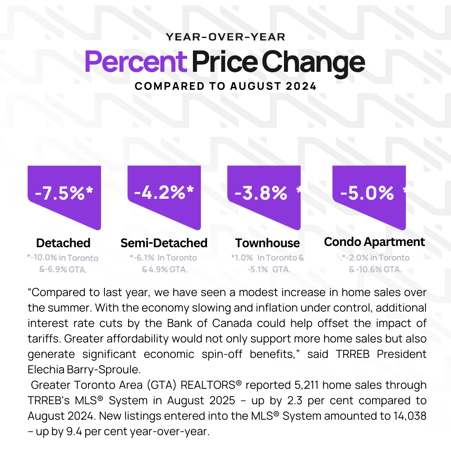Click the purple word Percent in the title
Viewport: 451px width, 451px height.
[136, 62]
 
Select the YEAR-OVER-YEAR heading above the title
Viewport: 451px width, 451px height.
[225, 37]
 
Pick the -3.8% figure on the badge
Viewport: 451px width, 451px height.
[261, 193]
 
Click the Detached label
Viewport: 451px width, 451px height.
[63, 243]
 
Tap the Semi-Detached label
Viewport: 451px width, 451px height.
[164, 243]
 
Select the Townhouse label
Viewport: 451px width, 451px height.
[267, 243]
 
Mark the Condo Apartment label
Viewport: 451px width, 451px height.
[375, 242]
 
